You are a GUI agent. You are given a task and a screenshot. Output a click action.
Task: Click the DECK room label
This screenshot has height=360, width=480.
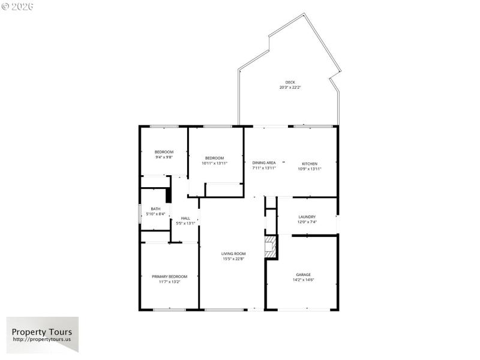(x=290, y=82)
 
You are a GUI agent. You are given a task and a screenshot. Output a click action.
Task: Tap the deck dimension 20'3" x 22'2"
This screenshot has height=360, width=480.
(x=290, y=88)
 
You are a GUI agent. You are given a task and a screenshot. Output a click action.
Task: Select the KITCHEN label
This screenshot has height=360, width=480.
(x=310, y=164)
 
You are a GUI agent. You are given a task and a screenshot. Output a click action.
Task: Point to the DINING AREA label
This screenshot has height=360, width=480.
(x=264, y=163)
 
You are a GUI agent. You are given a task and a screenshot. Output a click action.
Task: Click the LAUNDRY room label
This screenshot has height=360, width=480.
(x=307, y=217)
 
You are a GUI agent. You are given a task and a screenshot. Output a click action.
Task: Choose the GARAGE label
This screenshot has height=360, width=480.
(x=303, y=274)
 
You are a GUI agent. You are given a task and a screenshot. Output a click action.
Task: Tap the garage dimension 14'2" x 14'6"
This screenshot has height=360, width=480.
(x=303, y=280)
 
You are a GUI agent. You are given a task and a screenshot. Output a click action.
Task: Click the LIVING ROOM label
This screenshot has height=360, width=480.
(x=233, y=254)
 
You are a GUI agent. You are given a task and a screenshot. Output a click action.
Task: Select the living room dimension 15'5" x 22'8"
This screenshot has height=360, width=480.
(x=233, y=259)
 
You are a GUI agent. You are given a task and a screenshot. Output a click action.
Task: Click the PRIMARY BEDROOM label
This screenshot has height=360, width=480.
(x=169, y=277)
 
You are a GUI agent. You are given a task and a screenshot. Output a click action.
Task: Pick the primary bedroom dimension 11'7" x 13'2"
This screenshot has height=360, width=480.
(x=169, y=282)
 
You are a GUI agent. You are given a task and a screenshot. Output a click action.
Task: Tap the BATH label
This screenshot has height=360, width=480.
(x=155, y=209)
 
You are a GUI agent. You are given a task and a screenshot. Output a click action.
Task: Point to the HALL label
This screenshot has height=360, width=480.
(x=185, y=218)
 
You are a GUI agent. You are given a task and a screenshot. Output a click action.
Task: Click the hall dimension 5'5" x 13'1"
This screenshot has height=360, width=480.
(x=185, y=224)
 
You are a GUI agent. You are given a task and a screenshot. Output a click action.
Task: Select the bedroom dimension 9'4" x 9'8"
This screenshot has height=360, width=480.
(x=164, y=157)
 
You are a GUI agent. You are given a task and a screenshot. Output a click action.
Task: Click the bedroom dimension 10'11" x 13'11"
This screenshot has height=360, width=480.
(x=214, y=163)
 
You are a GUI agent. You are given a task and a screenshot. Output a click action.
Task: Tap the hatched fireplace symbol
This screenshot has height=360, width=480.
(x=271, y=246)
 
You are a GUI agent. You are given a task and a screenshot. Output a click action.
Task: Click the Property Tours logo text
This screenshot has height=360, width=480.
(x=42, y=332)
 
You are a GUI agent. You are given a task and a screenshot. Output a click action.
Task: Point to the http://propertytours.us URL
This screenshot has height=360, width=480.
(x=42, y=340)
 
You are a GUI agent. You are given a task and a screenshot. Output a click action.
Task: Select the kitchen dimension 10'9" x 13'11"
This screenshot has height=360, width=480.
(x=310, y=169)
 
